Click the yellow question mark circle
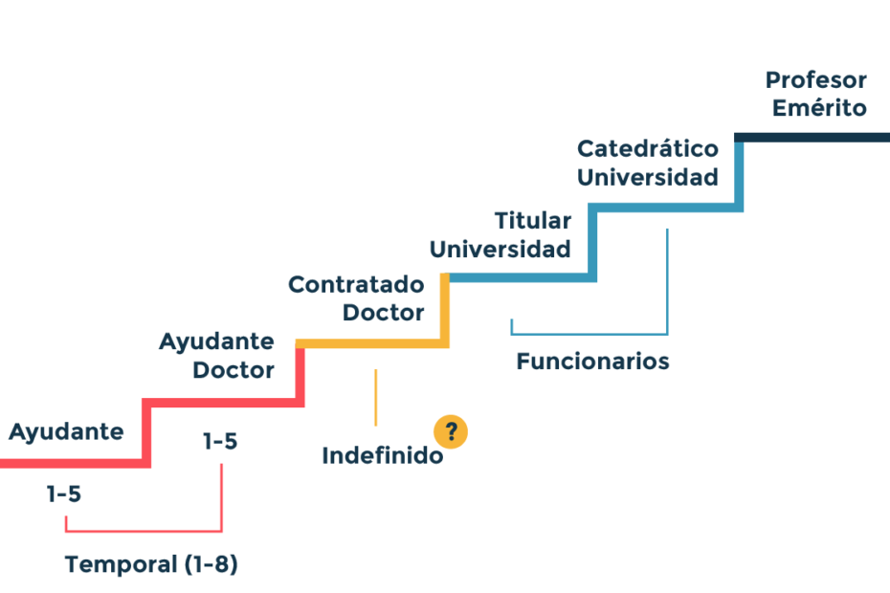pos(451,432)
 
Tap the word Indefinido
pos(383,455)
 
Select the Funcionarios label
pos(592,362)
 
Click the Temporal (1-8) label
pos(151,564)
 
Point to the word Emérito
pos(819,107)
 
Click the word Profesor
pos(816,80)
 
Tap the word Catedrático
pos(648,148)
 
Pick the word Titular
pos(532,221)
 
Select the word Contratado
pos(356,284)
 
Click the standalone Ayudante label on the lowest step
pos(66,432)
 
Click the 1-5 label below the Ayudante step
pos(63,494)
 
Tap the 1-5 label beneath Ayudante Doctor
pos(220,442)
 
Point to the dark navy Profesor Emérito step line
pos(812,138)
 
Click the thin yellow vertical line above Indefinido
pos(376,397)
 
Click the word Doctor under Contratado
pos(383,313)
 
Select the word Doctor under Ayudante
pos(234,370)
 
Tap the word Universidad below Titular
pos(501,250)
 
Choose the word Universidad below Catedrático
pos(648,178)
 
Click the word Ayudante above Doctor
pos(217,342)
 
